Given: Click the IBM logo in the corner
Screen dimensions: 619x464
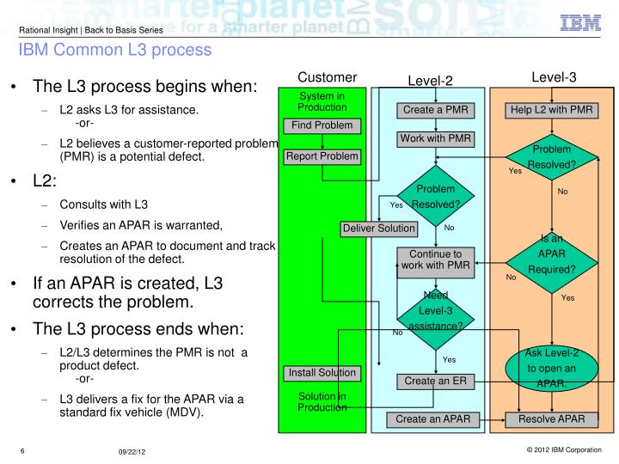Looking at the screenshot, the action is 580,23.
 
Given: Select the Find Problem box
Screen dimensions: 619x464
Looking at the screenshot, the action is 322,125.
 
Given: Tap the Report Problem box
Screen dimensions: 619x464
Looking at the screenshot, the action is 322,156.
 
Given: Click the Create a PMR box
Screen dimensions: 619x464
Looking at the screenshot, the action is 435,110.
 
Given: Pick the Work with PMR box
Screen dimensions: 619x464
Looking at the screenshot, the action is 435,139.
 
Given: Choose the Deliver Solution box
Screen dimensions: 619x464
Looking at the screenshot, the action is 379,229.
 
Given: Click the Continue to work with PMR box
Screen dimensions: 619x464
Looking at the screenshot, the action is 435,263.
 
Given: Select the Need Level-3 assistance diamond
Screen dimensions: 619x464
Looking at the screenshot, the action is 435,319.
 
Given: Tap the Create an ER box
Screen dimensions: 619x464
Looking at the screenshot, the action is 435,382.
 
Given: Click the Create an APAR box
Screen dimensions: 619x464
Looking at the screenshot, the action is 432,419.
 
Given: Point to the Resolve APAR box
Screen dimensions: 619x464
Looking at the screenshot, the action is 551,419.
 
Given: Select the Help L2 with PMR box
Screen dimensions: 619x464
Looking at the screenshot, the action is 551,110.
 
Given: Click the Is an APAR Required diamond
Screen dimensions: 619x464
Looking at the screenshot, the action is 551,262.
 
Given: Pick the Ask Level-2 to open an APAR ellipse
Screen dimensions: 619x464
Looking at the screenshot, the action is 551,369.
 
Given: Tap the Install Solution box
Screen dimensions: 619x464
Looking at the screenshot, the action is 322,373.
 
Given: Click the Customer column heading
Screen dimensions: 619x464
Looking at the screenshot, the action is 328,77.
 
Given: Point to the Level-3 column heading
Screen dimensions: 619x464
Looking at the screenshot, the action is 554,77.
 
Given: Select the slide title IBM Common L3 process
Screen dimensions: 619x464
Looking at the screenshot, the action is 115,50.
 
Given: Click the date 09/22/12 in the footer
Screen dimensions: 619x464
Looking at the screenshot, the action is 132,452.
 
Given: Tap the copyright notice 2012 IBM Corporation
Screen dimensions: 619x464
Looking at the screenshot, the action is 564,449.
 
